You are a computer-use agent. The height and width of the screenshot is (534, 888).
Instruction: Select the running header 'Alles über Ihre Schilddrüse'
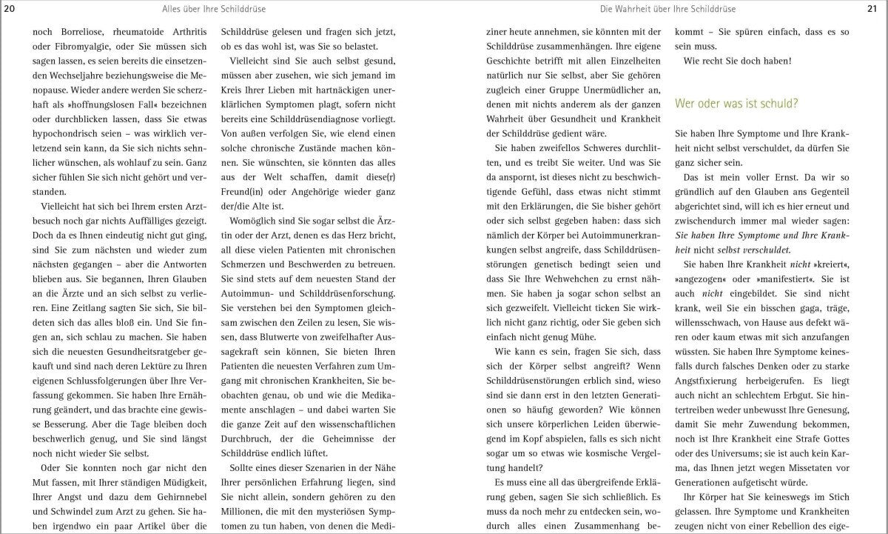coord(214,8)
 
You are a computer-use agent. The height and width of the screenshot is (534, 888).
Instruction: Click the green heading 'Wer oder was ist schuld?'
coord(736,104)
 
